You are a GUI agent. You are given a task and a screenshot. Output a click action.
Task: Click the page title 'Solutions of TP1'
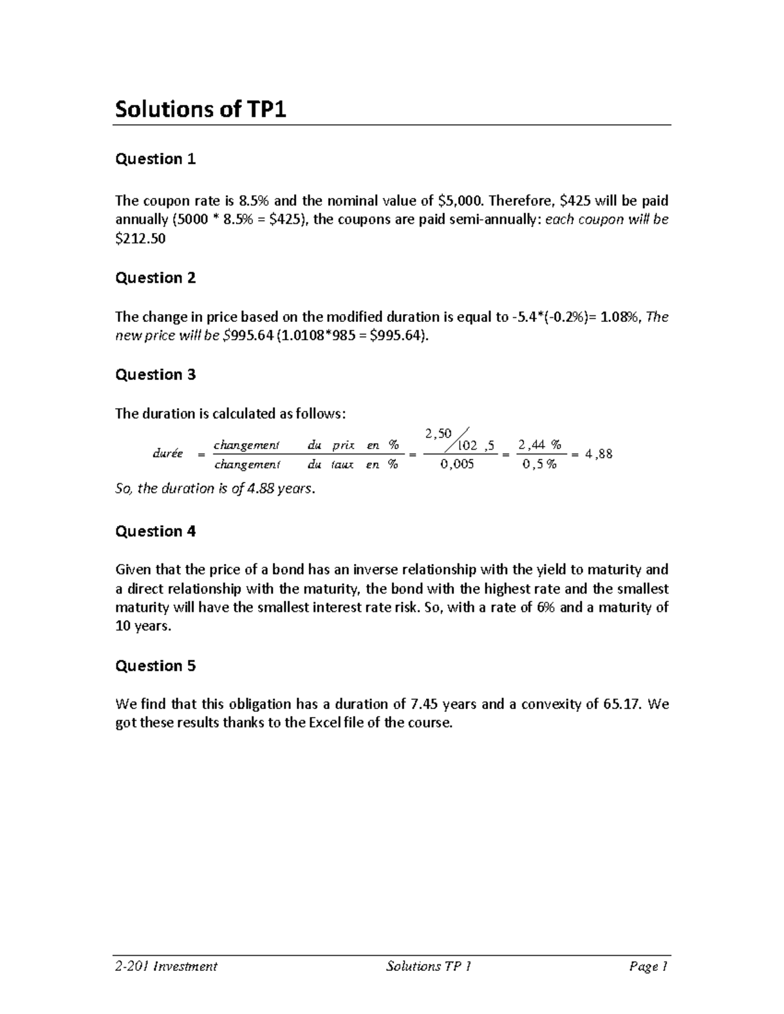[201, 109]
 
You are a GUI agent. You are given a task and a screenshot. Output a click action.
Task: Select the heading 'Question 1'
[155, 159]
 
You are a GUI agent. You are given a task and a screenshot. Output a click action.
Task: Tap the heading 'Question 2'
[155, 277]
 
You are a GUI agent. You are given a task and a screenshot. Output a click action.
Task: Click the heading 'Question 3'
[155, 374]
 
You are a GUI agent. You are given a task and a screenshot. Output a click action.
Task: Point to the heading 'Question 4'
[155, 531]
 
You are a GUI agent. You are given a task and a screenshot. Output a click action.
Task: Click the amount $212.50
[140, 238]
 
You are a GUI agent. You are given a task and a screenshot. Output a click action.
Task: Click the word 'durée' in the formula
[168, 454]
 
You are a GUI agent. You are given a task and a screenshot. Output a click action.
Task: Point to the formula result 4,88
[599, 454]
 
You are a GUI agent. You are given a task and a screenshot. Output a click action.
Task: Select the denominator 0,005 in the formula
[457, 464]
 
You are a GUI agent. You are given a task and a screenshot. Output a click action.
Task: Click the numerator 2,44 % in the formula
[539, 445]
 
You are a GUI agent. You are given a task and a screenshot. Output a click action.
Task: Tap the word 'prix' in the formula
[343, 445]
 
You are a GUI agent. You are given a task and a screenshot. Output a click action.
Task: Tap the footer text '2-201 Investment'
[166, 966]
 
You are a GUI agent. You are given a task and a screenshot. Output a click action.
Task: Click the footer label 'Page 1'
[648, 966]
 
